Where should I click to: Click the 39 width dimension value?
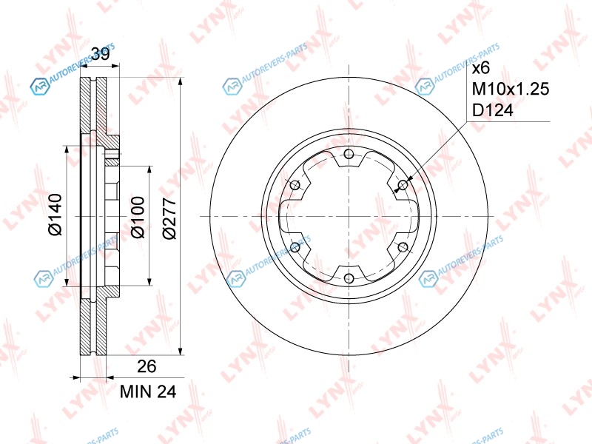[x=100, y=54]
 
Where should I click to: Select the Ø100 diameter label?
[x=138, y=217]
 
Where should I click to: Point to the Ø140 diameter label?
[x=55, y=215]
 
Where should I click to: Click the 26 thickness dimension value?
[x=147, y=366]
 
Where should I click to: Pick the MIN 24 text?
[x=148, y=392]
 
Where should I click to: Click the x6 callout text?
[x=481, y=68]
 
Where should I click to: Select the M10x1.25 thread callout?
[x=511, y=89]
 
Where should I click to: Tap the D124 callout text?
[x=493, y=110]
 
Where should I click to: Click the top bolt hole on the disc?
[x=349, y=154]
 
